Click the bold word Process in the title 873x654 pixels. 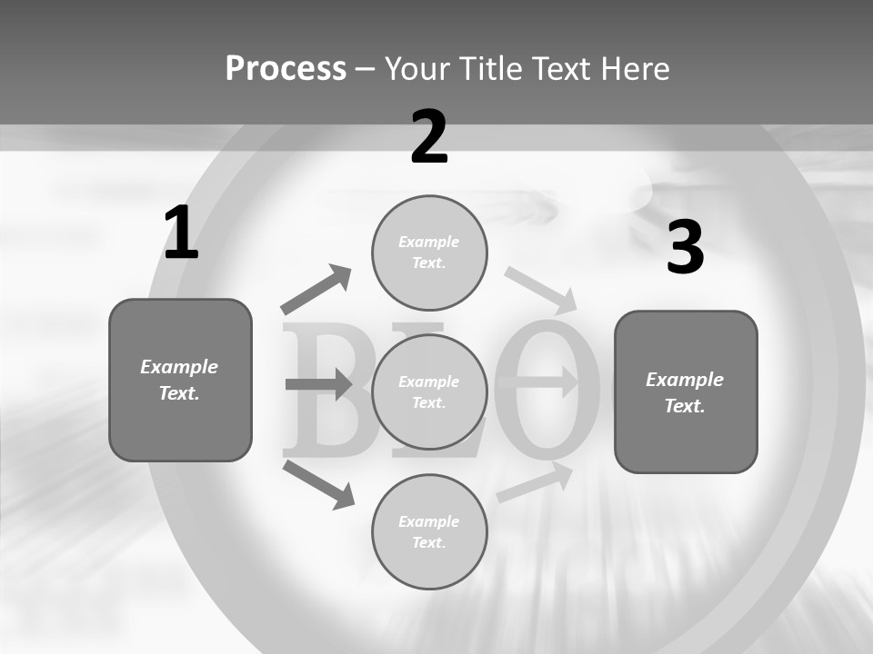[286, 68]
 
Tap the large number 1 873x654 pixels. [181, 233]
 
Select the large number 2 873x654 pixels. [429, 137]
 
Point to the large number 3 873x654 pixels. [685, 247]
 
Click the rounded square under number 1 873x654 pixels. [180, 380]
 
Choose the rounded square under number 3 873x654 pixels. [686, 391]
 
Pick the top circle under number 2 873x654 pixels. [429, 253]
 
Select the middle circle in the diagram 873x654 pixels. [429, 391]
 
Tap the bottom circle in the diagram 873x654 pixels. [429, 531]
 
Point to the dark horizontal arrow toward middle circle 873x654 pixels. [318, 385]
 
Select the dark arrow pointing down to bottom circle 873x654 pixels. [318, 484]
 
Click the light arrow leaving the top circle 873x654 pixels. [540, 290]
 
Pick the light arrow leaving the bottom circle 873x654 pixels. [535, 482]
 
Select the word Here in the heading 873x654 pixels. [636, 68]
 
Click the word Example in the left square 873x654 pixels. [179, 367]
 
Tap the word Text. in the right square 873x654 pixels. [685, 406]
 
